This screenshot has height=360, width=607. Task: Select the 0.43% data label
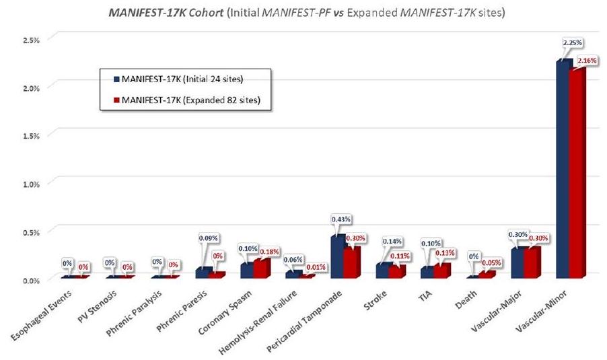click(342, 219)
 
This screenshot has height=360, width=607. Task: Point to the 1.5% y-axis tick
click(31, 135)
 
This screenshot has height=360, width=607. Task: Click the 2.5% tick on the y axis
click(31, 40)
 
